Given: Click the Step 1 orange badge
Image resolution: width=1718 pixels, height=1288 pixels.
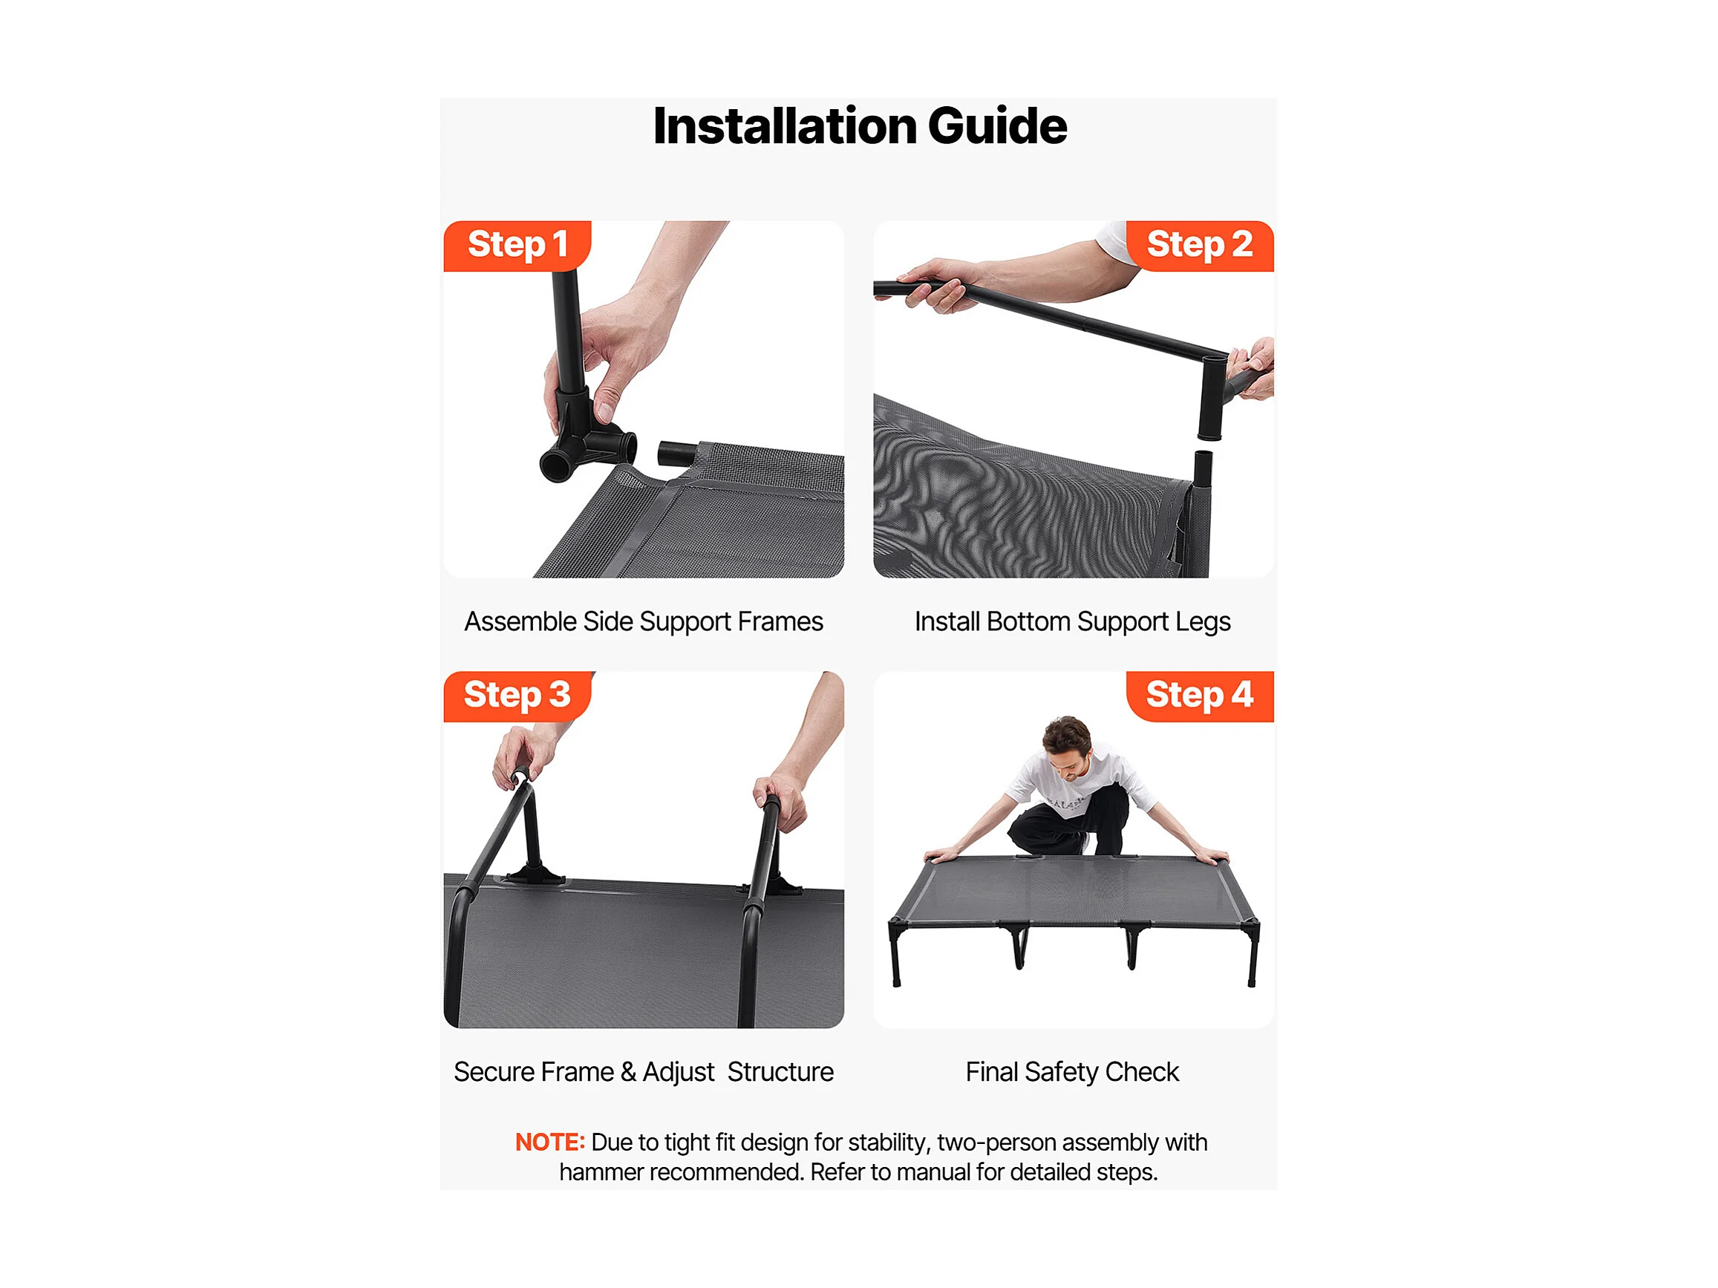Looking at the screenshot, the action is [517, 246].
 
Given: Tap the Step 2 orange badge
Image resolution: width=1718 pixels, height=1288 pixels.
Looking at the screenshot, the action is [1200, 246].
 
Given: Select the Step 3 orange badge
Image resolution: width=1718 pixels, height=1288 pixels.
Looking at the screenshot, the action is [517, 696].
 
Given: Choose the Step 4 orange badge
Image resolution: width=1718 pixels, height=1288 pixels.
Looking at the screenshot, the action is [1200, 696].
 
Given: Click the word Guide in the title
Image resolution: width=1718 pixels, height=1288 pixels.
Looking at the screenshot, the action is [997, 125].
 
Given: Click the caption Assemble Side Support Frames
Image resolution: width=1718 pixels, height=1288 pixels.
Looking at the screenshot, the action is [644, 622].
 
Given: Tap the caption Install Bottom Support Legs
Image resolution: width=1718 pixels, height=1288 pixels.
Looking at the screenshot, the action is [1073, 622].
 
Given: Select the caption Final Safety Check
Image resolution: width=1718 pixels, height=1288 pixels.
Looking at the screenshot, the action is [1073, 1072].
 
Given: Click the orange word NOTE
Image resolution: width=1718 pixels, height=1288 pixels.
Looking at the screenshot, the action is [550, 1142].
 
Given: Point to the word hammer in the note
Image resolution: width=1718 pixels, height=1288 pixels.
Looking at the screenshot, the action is [601, 1172].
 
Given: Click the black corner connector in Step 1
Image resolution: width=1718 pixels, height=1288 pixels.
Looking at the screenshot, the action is [587, 435].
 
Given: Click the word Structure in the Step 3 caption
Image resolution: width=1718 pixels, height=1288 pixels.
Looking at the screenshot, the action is [780, 1072].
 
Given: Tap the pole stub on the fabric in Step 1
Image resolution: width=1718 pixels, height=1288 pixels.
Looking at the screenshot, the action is [678, 454].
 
